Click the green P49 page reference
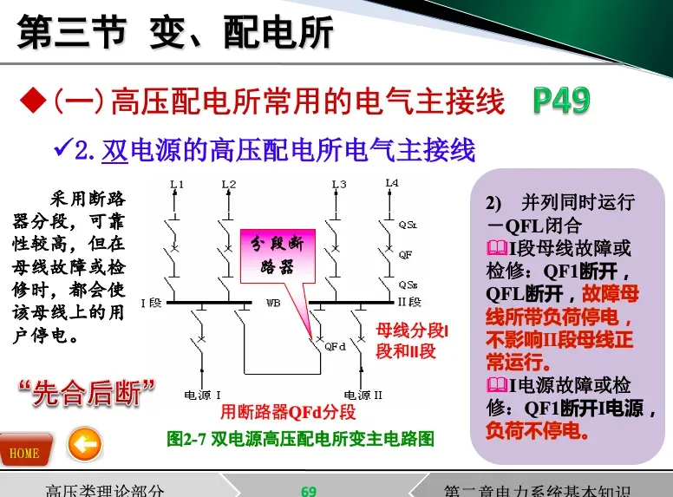561,101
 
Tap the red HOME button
25,450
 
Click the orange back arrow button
84,446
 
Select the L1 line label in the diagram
177,184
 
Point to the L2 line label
228,184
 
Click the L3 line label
338,184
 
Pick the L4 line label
392,183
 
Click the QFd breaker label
335,345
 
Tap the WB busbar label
273,303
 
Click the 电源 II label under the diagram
363,395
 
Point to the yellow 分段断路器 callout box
271,252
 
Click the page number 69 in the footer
309,490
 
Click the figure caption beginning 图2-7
299,439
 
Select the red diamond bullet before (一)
33,101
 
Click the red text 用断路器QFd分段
288,411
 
